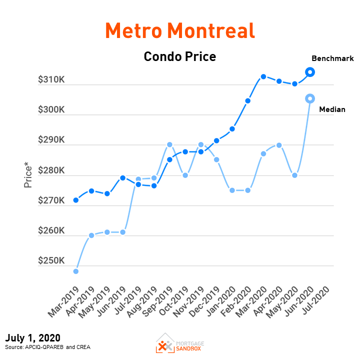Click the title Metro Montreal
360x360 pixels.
(x=180, y=31)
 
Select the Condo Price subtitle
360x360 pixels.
(x=180, y=56)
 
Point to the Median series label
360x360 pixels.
(x=332, y=109)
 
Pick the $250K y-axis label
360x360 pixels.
(x=51, y=261)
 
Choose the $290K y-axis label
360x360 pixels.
(x=51, y=140)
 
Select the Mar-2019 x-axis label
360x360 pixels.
(x=65, y=301)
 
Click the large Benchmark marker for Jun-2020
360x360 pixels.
(x=310, y=72)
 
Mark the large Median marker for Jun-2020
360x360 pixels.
(x=310, y=98)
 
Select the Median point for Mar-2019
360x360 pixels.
(x=76, y=271)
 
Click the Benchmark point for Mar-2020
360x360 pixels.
(x=263, y=76)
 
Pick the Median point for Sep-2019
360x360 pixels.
(x=169, y=144)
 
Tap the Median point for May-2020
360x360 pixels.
(x=295, y=175)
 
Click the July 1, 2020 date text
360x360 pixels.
(x=33, y=338)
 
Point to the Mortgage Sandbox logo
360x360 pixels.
(x=180, y=343)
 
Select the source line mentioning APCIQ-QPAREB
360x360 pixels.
(x=47, y=347)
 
